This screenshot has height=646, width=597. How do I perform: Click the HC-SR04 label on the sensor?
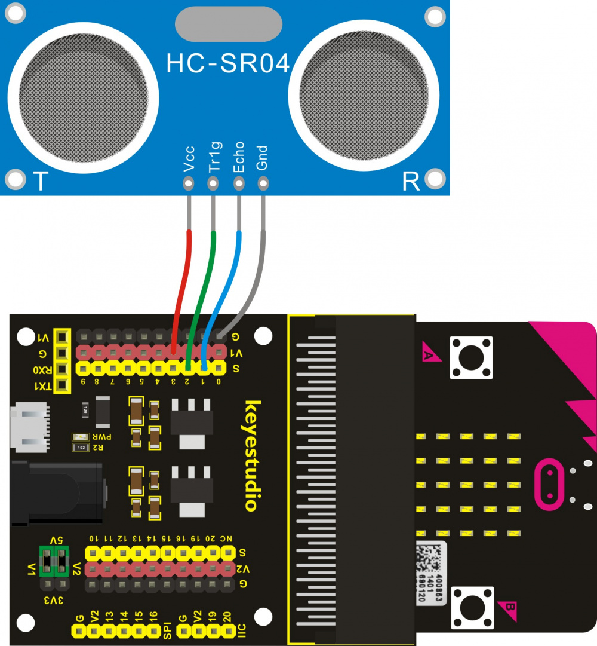click(x=227, y=64)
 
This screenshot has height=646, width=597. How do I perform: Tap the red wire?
click(x=183, y=281)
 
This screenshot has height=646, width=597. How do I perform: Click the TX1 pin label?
click(x=42, y=386)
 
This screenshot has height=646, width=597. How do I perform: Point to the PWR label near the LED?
click(x=97, y=437)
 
